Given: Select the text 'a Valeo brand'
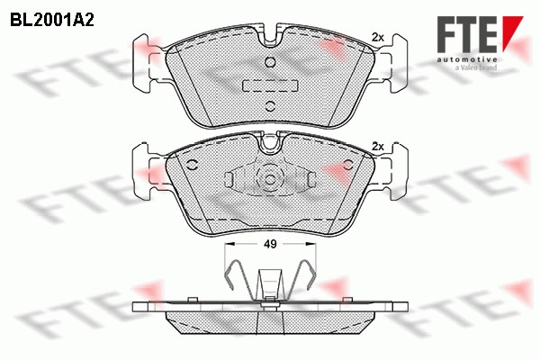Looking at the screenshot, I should click(x=478, y=67).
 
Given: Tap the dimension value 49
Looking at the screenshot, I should click(x=269, y=244).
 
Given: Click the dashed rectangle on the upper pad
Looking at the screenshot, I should click(x=269, y=84).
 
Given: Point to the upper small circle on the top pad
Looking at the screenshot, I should click(x=269, y=63).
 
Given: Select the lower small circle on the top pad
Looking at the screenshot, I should click(x=269, y=106).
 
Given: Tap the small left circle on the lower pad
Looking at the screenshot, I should click(x=193, y=165).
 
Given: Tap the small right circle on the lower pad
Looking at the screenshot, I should click(x=346, y=165).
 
